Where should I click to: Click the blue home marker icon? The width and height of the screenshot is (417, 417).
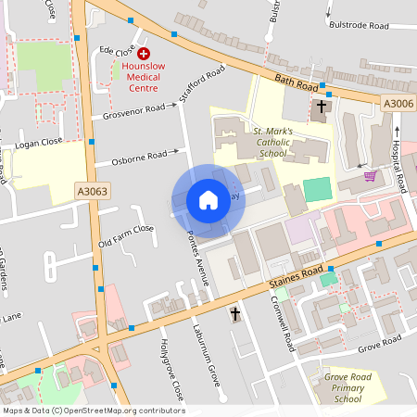tap(208, 200)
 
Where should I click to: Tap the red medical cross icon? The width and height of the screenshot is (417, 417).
tap(144, 55)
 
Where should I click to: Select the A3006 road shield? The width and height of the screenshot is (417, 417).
tap(398, 104)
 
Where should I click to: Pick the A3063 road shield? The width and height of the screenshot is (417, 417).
tap(91, 192)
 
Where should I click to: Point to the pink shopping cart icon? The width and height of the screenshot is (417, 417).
tap(370, 175)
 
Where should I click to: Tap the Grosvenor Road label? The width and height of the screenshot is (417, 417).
tap(134, 113)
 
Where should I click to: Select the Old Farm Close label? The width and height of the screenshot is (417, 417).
tap(126, 236)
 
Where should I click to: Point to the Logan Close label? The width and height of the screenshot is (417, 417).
tap(40, 142)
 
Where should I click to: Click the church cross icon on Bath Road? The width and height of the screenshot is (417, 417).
tap(322, 107)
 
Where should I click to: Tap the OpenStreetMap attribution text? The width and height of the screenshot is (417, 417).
tap(94, 411)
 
